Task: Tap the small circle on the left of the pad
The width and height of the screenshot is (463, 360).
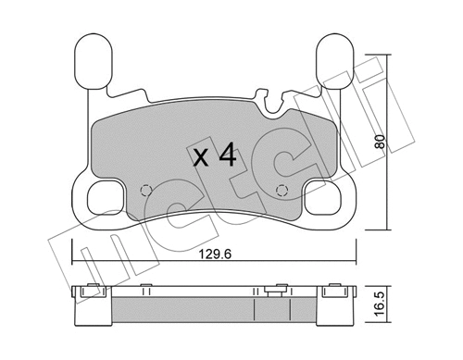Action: coord(144,192)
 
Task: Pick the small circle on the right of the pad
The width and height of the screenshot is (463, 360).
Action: coord(282,192)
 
